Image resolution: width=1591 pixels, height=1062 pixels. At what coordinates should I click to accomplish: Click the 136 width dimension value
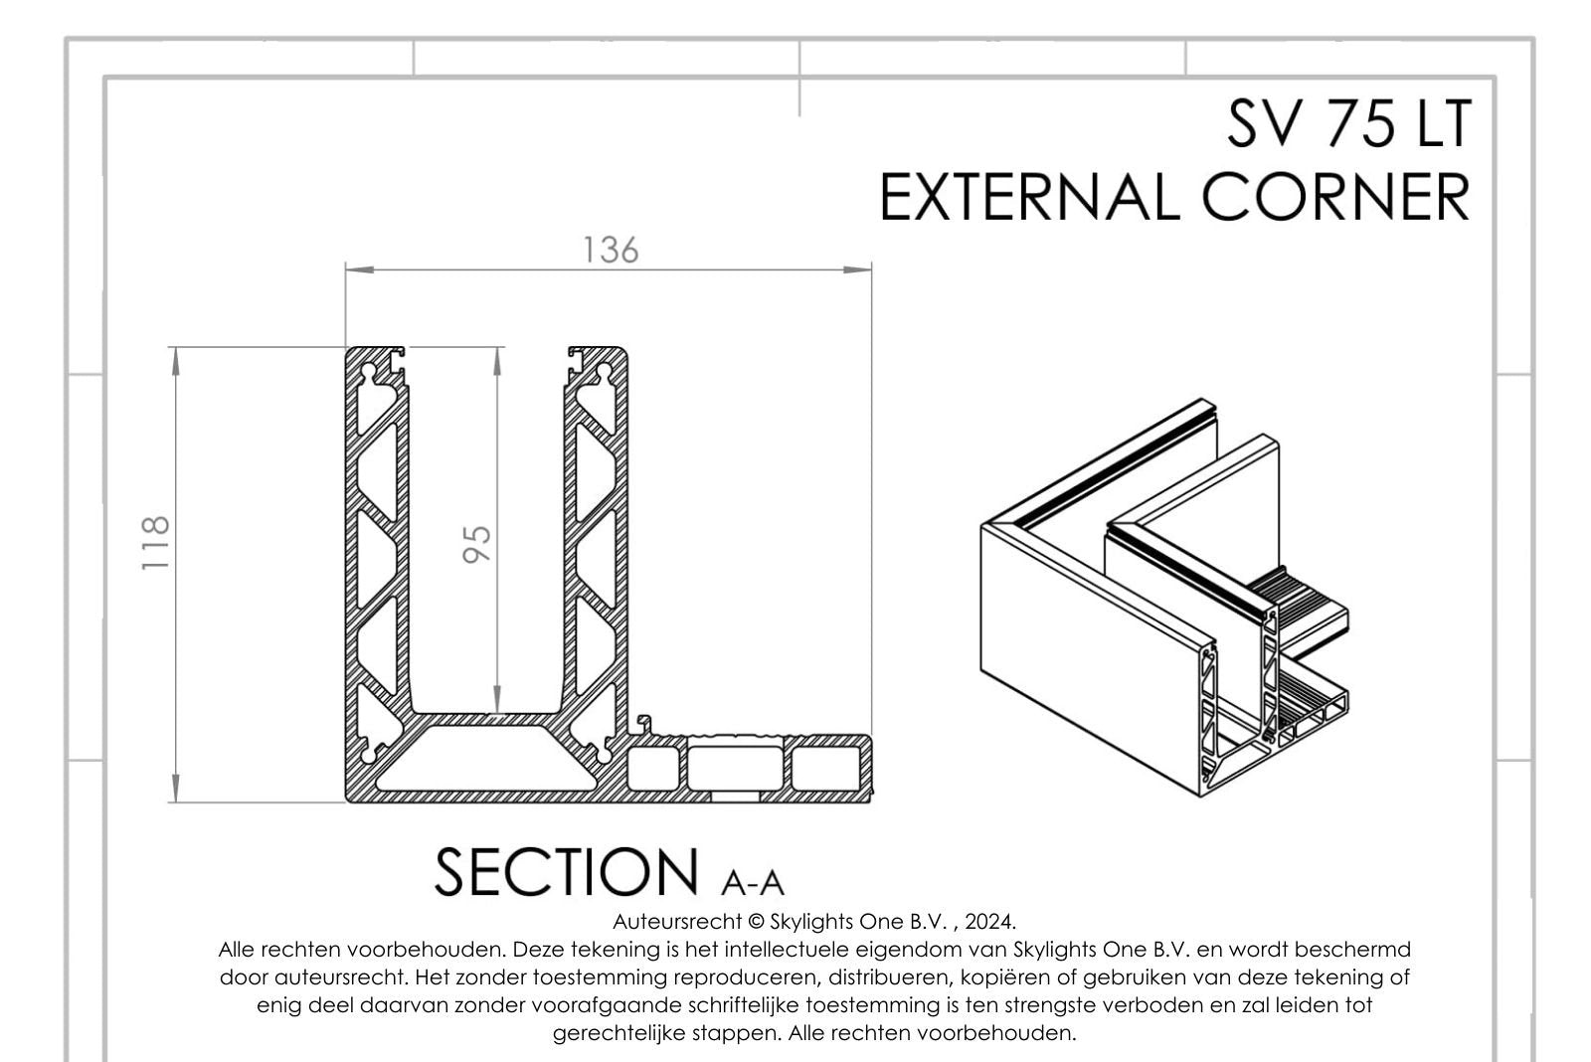coord(611,250)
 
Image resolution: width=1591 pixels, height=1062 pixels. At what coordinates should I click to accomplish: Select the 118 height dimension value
coord(155,543)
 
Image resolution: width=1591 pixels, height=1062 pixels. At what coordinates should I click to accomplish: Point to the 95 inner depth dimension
coord(476,544)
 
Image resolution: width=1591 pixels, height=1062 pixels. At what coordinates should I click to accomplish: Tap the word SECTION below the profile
coord(566,872)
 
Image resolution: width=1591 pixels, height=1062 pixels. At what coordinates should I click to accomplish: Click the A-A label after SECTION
coord(752,882)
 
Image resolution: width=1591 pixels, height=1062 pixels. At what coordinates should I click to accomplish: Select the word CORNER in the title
coord(1336,198)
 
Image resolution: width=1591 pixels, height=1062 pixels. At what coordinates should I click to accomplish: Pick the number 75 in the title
coord(1351,124)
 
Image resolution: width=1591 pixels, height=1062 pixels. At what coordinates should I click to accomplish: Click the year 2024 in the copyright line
coord(989,922)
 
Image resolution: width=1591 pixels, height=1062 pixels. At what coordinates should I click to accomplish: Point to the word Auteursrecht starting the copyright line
coord(677,922)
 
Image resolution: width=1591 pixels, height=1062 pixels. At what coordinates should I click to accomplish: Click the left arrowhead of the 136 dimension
coord(359,269)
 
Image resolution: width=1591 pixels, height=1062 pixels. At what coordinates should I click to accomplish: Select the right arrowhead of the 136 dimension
coord(857,269)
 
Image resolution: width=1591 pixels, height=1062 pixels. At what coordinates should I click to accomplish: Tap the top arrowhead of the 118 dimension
coord(176,362)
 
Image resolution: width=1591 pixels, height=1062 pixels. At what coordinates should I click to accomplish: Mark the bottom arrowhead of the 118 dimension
coord(176,789)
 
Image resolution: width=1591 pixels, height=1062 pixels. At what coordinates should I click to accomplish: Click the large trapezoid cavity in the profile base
coord(487,758)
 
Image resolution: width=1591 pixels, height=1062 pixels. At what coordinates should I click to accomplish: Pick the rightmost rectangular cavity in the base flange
coord(825,769)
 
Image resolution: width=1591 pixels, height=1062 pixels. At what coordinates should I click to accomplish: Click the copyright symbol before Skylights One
coord(757,922)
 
